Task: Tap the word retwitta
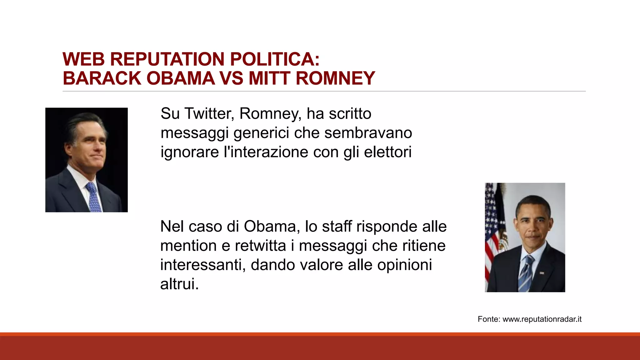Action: point(260,246)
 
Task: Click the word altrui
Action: point(179,284)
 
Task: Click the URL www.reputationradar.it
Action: point(542,319)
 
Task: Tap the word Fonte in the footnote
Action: point(489,319)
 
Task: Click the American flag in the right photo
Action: point(493,225)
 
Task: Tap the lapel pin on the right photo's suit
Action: point(542,273)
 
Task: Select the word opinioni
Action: point(405,265)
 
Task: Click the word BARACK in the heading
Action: point(102,78)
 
